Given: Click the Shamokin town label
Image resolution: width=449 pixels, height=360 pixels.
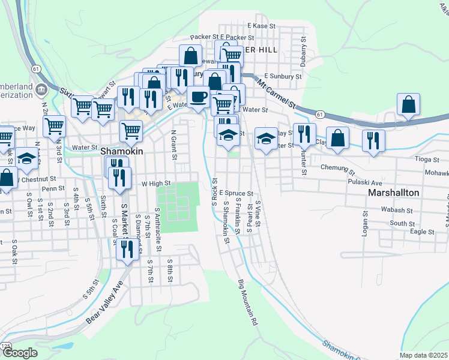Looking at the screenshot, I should click(x=121, y=152).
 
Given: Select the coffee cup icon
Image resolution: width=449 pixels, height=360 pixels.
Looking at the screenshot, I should click(x=198, y=96).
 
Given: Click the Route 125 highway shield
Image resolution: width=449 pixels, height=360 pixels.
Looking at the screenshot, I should click(x=6, y=346).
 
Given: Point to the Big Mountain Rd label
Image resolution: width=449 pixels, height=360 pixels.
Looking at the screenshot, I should click(x=247, y=302).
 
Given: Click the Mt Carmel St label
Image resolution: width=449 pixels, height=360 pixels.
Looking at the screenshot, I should click(x=277, y=91).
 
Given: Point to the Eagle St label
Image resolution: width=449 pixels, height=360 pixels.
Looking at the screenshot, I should click(x=422, y=231).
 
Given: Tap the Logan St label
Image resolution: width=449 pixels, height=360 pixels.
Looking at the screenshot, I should click(x=364, y=223).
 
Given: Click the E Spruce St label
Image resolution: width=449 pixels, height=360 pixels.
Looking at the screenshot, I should click(x=236, y=193).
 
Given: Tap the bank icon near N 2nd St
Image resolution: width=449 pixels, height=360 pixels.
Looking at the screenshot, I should click(x=41, y=91).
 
